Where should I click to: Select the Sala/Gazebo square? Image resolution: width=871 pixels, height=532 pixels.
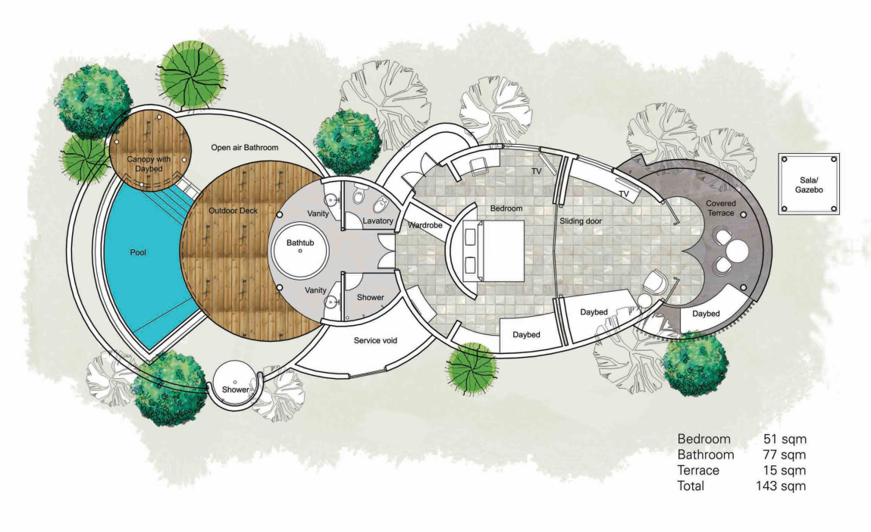[x=808, y=184]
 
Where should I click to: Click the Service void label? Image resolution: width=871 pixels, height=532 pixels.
[x=375, y=340]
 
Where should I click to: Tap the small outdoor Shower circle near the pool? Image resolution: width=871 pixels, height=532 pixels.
[x=235, y=386]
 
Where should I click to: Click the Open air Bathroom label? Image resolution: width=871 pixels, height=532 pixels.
[x=244, y=148]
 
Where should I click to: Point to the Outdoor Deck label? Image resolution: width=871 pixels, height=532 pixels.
[x=233, y=211]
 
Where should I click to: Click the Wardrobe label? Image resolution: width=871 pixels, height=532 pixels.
[x=425, y=226]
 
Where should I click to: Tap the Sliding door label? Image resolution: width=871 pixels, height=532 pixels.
[x=581, y=221]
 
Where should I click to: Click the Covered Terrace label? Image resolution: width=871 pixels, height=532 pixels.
[x=721, y=208]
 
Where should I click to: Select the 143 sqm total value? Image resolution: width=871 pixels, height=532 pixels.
[x=781, y=486]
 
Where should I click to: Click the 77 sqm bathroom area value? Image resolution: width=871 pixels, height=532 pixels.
[x=785, y=455]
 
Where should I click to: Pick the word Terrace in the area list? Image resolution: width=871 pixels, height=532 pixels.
[x=698, y=471]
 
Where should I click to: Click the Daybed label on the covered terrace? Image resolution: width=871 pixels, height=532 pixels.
[x=706, y=314]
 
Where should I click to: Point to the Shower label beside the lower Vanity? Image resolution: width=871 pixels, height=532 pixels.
[x=371, y=298]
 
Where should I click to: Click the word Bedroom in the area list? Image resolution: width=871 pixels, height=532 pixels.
[x=703, y=440]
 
